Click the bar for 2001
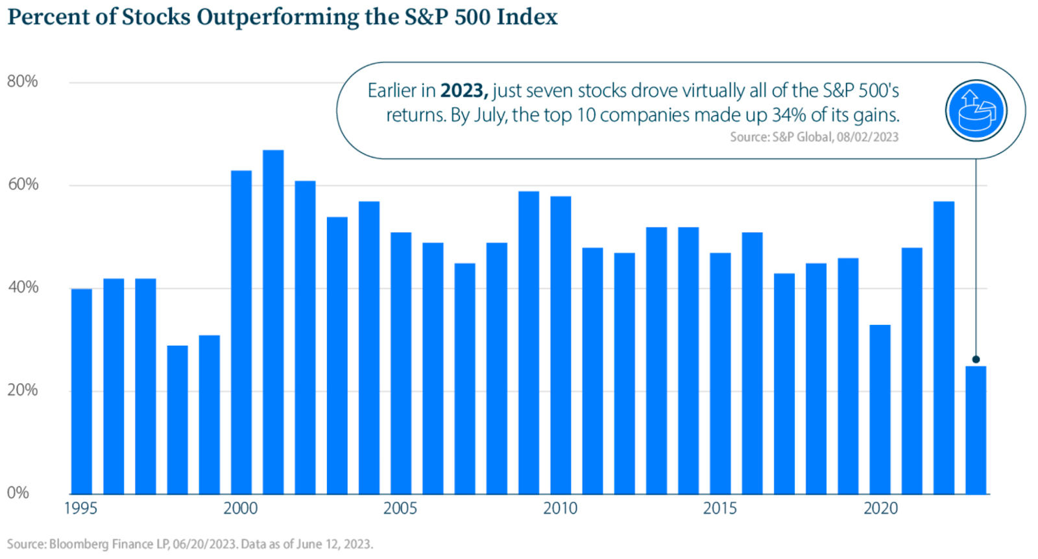(x=273, y=322)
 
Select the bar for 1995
(x=82, y=391)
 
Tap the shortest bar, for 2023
(x=976, y=430)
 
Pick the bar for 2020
(x=880, y=409)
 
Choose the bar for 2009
(x=529, y=342)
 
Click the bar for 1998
(x=178, y=420)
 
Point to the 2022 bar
(x=943, y=348)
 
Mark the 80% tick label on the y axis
(x=22, y=82)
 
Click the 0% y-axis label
(x=18, y=493)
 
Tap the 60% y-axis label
(x=23, y=184)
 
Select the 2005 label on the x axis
(x=400, y=508)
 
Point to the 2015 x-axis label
(x=719, y=508)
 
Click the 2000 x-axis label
(x=241, y=508)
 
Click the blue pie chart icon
(x=976, y=111)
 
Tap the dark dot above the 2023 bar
(x=976, y=359)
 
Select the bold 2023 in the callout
(x=464, y=90)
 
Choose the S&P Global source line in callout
(x=814, y=137)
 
